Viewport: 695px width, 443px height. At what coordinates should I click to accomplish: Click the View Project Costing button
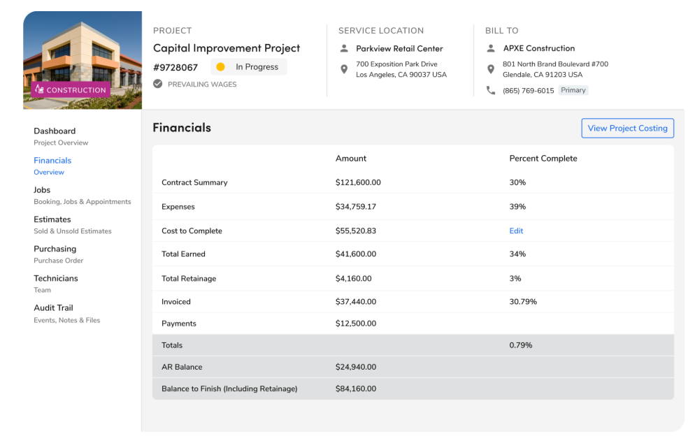[x=627, y=128]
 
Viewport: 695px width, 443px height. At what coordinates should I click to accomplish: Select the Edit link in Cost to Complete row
[x=516, y=231]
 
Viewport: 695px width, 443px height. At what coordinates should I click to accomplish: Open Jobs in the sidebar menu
[x=42, y=190]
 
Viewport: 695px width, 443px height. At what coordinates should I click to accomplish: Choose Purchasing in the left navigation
[x=55, y=249]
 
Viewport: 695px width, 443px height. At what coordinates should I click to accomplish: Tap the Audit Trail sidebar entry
[x=53, y=307]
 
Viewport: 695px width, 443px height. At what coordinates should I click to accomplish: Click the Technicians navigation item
[x=56, y=278]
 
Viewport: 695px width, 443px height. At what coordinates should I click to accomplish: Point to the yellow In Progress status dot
[x=220, y=67]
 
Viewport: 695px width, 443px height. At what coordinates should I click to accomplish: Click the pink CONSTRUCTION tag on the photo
[x=70, y=90]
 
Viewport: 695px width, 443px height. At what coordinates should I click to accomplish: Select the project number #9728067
[x=175, y=68]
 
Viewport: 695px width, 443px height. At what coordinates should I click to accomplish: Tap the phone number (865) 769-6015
[x=528, y=91]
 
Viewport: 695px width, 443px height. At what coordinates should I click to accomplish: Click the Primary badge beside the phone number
[x=573, y=90]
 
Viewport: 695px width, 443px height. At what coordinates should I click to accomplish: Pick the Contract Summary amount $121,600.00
[x=358, y=182]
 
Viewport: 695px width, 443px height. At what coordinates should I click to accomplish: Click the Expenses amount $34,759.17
[x=356, y=207]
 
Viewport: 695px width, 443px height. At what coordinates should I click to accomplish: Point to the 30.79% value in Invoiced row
[x=523, y=302]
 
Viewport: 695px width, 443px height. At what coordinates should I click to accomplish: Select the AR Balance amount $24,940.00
[x=356, y=367]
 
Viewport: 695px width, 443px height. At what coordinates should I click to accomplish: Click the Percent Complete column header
[x=543, y=159]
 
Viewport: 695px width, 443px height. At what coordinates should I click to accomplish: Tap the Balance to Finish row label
[x=229, y=388]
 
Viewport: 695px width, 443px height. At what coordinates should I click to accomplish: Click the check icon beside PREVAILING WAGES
[x=158, y=84]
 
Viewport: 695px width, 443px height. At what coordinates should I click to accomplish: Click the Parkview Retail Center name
[x=399, y=49]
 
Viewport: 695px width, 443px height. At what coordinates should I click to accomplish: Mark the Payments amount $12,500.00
[x=356, y=324]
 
